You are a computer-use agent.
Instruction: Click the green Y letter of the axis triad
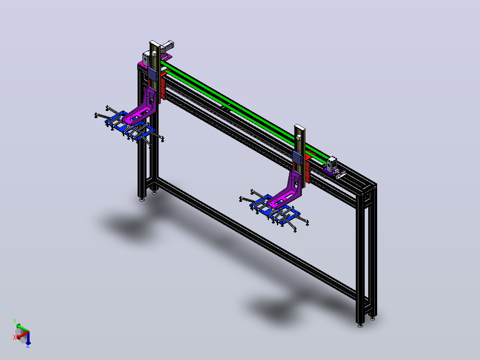click(14, 321)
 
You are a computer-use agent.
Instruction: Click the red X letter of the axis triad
click(14, 337)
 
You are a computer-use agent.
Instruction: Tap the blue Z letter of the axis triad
click(28, 345)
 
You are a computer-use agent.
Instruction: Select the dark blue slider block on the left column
click(152, 74)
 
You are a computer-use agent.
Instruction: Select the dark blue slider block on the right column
click(297, 157)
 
